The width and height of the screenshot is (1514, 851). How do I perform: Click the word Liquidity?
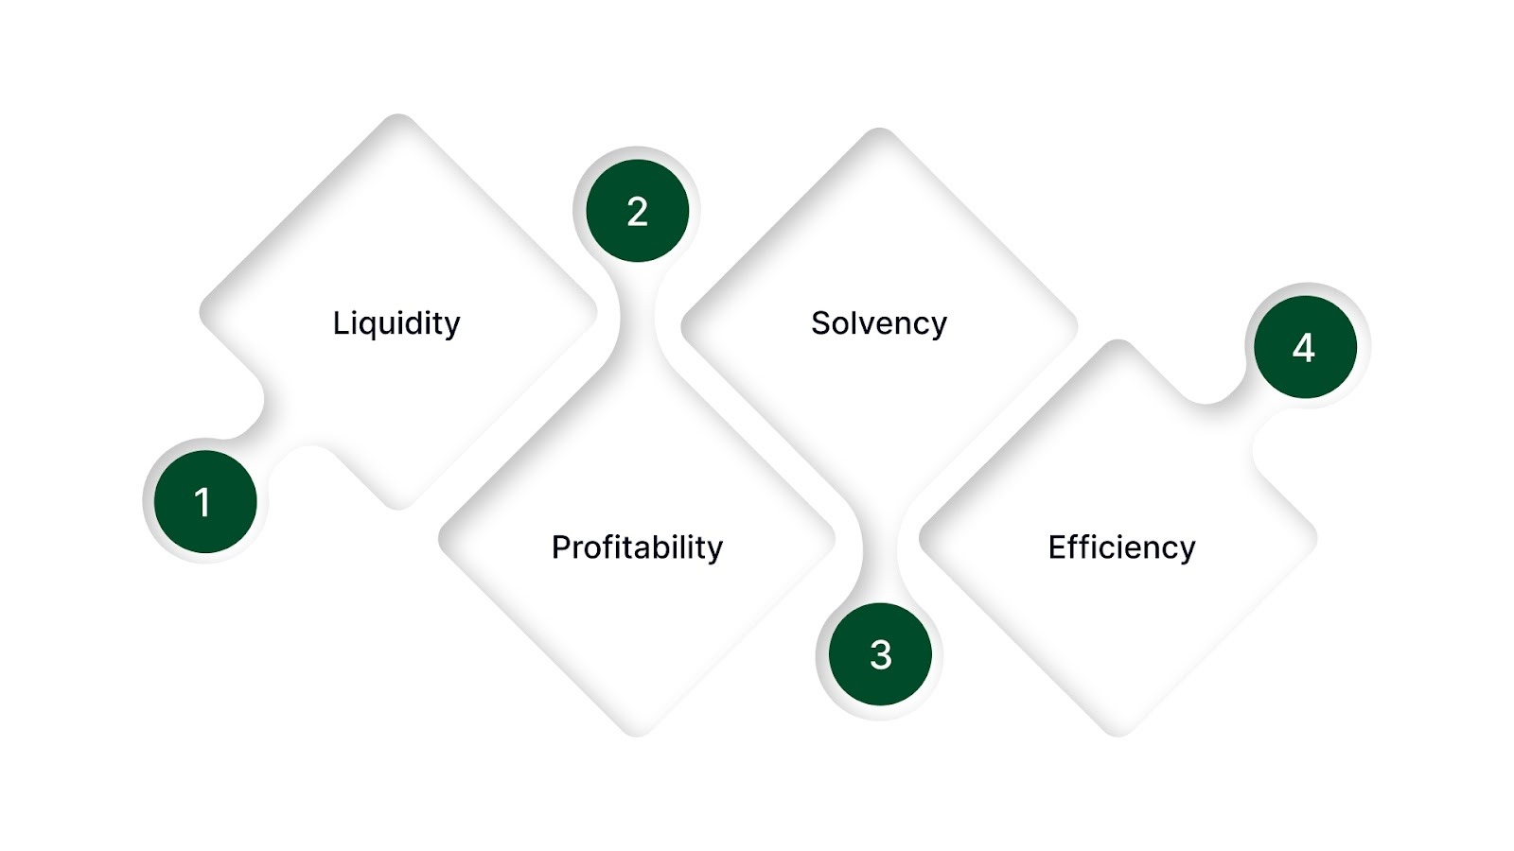click(x=396, y=323)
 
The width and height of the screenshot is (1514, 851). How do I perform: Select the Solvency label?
click(x=879, y=323)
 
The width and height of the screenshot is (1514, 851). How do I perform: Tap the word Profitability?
click(x=637, y=547)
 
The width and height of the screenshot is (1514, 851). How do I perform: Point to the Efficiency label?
click(x=1121, y=547)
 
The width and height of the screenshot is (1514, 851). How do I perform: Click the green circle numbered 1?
click(x=205, y=502)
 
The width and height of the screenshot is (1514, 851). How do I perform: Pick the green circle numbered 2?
click(x=637, y=211)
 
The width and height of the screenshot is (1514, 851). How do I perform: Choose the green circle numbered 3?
click(x=880, y=654)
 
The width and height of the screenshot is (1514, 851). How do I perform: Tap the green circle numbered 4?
click(x=1305, y=347)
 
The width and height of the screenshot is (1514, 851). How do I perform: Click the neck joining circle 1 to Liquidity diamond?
click(x=260, y=430)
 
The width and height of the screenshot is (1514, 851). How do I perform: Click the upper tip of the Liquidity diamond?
click(x=398, y=118)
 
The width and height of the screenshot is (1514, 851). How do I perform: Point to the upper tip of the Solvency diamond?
click(x=879, y=131)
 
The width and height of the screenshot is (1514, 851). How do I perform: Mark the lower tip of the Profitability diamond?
click(x=637, y=731)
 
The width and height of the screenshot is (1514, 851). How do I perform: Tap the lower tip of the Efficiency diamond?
click(x=1118, y=731)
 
